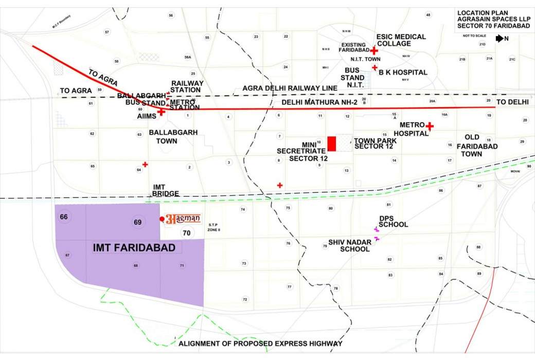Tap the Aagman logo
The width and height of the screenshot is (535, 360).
pyautogui.click(x=182, y=219)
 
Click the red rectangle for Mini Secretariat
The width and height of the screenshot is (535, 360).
pyautogui.click(x=332, y=143)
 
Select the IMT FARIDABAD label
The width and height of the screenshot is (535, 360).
pyautogui.click(x=134, y=248)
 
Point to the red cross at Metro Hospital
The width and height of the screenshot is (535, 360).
pyautogui.click(x=430, y=126)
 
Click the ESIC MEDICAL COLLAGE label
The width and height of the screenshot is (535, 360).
pyautogui.click(x=401, y=40)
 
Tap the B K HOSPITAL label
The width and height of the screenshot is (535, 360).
pyautogui.click(x=403, y=73)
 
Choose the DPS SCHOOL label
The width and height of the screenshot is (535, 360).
pyautogui.click(x=394, y=221)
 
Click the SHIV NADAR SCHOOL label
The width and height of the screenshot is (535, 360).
pyautogui.click(x=349, y=245)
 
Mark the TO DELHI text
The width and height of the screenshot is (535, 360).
pyautogui.click(x=512, y=102)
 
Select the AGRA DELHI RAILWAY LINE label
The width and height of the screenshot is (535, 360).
pyautogui.click(x=290, y=88)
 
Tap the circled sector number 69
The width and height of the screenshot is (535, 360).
pyautogui.click(x=137, y=222)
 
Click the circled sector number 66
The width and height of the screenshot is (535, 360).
pyautogui.click(x=64, y=217)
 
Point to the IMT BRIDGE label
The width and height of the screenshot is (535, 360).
pyautogui.click(x=166, y=190)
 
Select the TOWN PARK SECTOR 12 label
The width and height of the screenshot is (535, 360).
pyautogui.click(x=374, y=143)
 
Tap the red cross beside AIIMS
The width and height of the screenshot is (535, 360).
pyautogui.click(x=161, y=112)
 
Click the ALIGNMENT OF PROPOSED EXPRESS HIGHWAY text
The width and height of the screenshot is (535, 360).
pyautogui.click(x=260, y=344)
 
